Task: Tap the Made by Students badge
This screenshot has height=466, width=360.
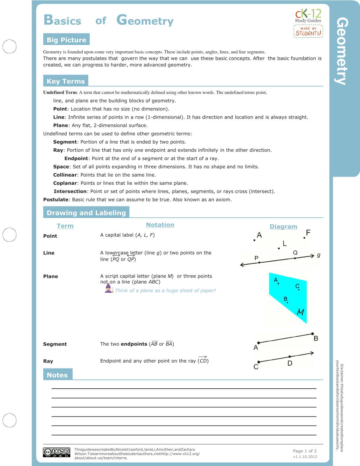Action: [308, 31]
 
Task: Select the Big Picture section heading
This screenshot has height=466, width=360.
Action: [66, 40]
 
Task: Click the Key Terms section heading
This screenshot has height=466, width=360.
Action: [66, 81]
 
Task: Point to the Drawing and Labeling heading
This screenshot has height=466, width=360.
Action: [86, 213]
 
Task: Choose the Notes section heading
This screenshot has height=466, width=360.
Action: [57, 375]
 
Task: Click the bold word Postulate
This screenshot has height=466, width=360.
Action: [56, 200]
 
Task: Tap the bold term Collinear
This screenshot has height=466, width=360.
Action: [65, 175]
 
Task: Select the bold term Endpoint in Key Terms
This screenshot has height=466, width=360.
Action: [76, 159]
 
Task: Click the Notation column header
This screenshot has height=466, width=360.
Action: [160, 225]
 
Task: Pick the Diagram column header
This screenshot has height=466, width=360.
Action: [283, 226]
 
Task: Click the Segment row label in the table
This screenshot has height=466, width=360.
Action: [55, 344]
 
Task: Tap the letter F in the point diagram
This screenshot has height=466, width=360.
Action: [308, 232]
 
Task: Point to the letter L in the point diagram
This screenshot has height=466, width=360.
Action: [284, 243]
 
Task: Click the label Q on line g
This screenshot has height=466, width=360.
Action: [295, 253]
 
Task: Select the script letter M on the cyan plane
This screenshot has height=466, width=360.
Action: [300, 312]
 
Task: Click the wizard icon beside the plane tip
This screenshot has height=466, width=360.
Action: [109, 289]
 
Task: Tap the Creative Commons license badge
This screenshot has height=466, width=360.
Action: [56, 453]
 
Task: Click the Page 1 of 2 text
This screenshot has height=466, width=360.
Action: [304, 451]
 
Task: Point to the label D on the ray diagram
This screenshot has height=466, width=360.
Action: [290, 363]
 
